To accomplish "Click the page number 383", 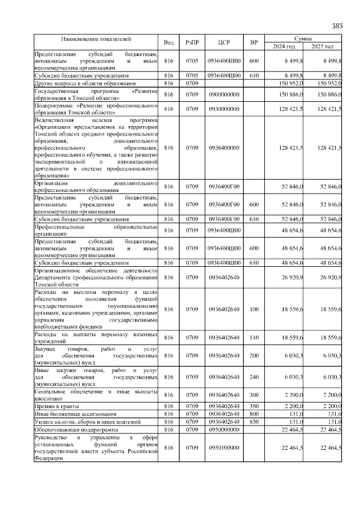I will point(337,25).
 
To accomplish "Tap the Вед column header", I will point(168,42).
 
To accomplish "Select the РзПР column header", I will point(192,42).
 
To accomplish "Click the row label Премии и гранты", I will point(56,406).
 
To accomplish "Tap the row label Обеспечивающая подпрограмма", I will point(73,430).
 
